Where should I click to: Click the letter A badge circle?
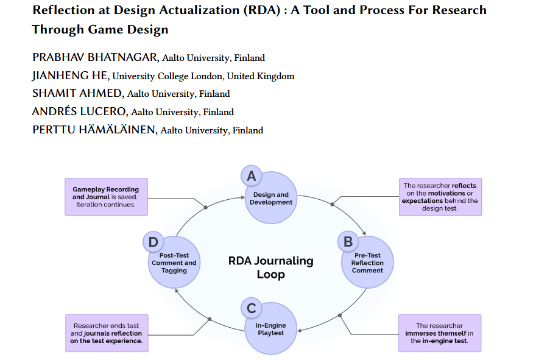point(250,177)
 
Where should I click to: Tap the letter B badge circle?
point(348,242)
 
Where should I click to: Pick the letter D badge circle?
point(152,242)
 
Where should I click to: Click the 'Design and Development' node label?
point(271,199)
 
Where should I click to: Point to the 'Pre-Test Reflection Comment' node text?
point(367,263)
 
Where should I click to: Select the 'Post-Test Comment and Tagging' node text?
point(174,263)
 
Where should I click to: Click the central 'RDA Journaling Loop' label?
point(270,267)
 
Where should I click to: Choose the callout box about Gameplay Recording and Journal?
point(106,197)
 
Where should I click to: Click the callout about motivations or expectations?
point(440,197)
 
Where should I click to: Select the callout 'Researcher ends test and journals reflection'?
point(106,333)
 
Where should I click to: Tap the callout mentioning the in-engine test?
point(440,333)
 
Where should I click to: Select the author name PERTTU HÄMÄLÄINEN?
point(93,130)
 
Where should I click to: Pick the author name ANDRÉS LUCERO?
point(80,112)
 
